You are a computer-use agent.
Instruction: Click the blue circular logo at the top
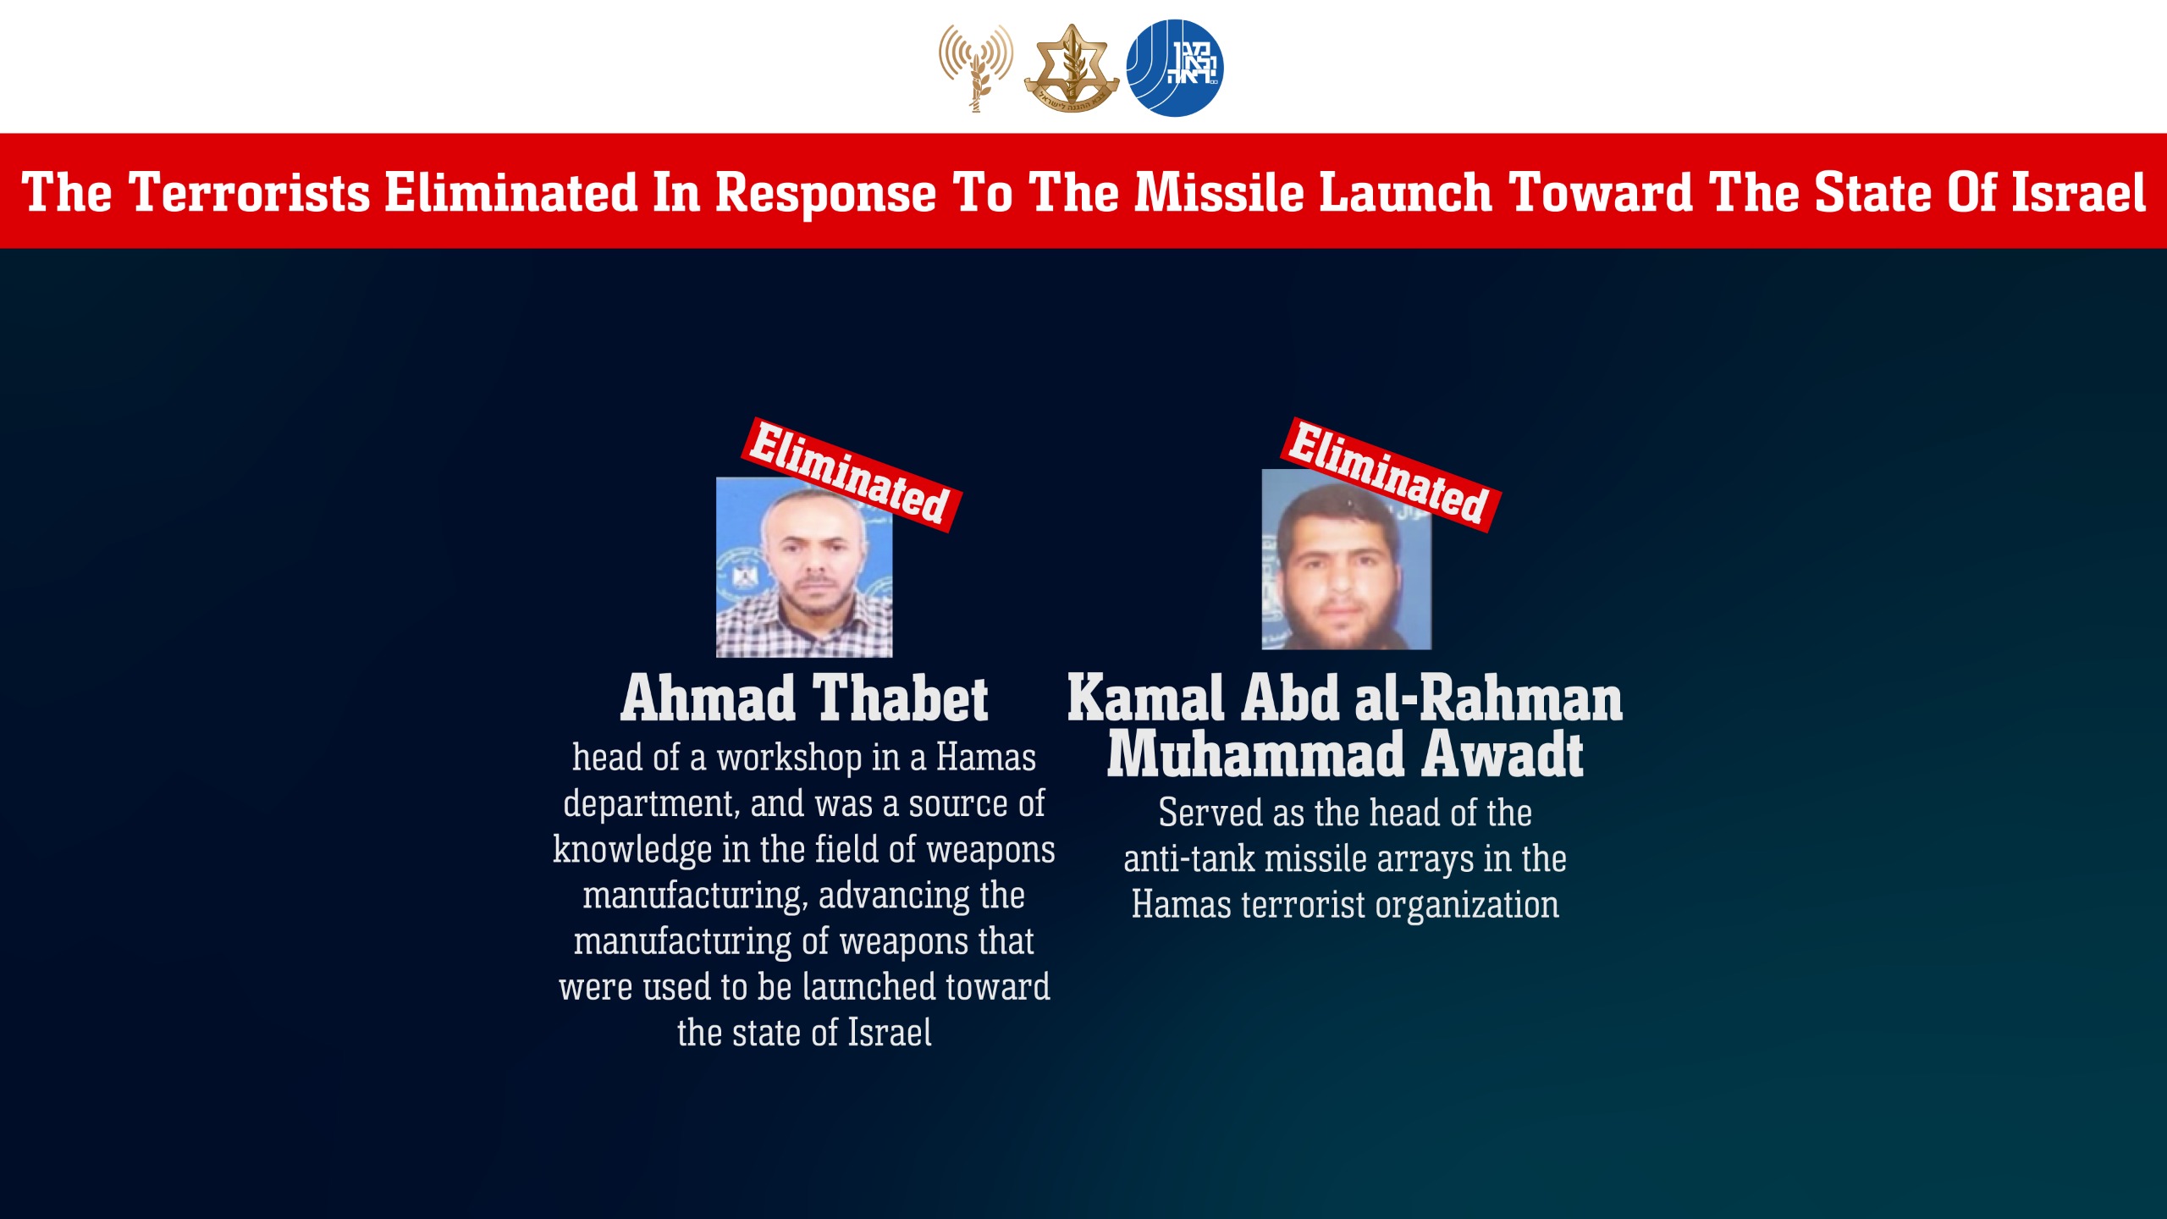tap(1174, 68)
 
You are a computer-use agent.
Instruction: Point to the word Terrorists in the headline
tap(250, 193)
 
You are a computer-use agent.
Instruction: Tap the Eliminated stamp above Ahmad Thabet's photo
tap(851, 474)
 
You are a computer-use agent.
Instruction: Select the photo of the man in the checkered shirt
tap(804, 567)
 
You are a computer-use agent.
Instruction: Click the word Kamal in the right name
tap(1144, 699)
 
